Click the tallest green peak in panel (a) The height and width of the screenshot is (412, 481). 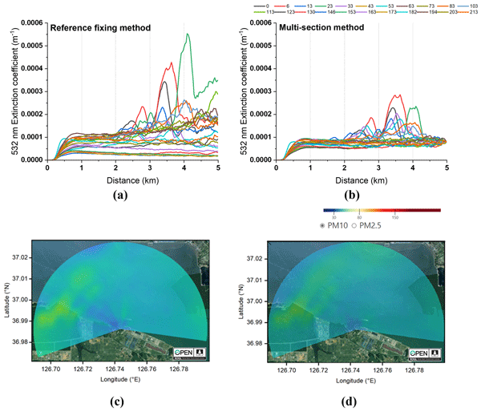click(188, 34)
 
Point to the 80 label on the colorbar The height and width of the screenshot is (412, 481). click(359, 216)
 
